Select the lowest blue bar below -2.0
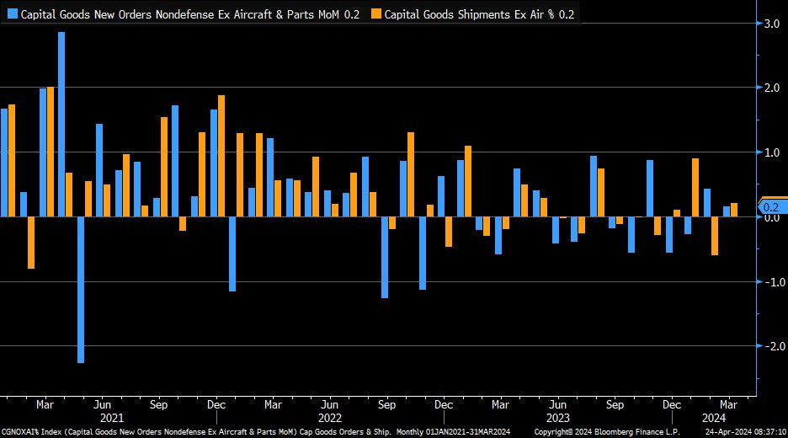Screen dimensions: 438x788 81,290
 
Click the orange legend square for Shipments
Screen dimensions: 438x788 375,13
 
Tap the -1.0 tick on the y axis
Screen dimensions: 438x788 770,282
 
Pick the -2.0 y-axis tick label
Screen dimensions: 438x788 770,346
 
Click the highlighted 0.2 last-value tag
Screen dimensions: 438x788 772,206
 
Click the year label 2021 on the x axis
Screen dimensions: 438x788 110,417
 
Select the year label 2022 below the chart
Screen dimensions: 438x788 329,417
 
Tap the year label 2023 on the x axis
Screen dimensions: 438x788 557,417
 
